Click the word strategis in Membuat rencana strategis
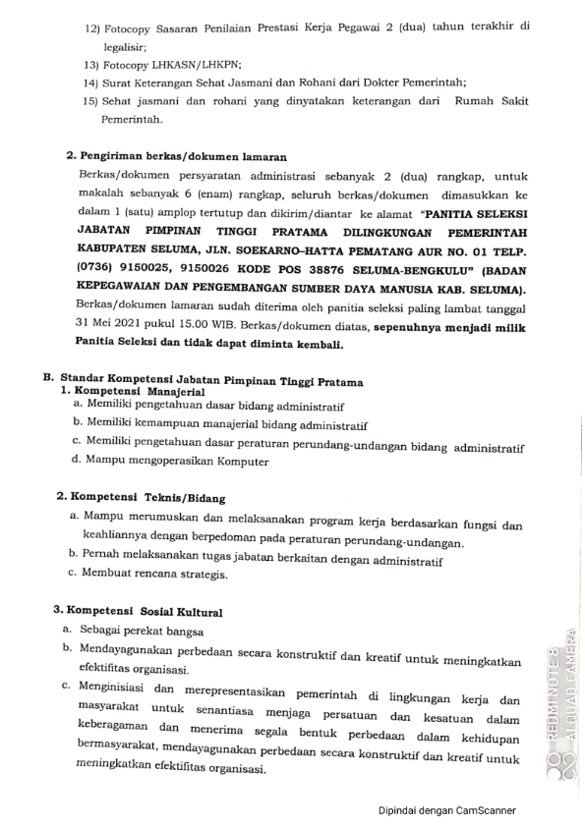click(x=202, y=574)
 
